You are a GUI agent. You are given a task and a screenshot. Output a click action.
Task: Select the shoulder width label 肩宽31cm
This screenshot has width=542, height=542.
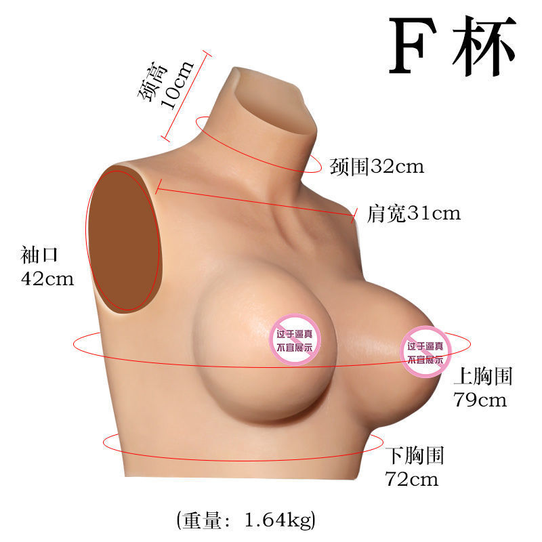pyautogui.click(x=413, y=214)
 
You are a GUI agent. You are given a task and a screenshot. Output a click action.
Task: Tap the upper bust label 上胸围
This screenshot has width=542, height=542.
pyautogui.click(x=482, y=377)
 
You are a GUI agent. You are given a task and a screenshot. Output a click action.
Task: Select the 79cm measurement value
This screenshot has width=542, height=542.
pyautogui.click(x=479, y=400)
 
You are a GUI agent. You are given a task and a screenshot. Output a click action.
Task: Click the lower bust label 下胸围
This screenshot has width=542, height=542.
pyautogui.click(x=414, y=455)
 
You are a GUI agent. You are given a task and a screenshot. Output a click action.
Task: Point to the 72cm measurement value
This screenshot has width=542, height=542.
pyautogui.click(x=411, y=479)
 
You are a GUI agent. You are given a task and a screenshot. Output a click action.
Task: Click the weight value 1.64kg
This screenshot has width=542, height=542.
pyautogui.click(x=277, y=520)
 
